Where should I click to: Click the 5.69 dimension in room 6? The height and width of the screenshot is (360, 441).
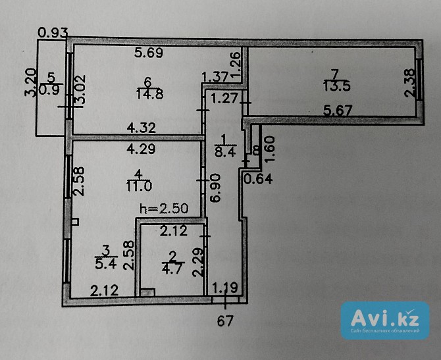[149, 53]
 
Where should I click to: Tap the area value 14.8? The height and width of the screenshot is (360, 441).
[149, 94]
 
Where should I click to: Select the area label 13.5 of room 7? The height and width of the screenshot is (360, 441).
[337, 86]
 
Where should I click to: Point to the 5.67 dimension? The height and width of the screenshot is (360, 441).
[338, 110]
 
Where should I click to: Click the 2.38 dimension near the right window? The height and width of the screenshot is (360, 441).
[409, 83]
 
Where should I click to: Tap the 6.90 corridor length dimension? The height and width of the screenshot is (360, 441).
[216, 188]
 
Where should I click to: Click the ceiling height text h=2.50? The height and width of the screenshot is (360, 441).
[164, 209]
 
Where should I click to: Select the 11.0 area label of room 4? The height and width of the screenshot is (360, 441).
[140, 186]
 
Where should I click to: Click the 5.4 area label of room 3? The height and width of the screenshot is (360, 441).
[106, 264]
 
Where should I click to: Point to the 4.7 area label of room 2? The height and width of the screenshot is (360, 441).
[172, 269]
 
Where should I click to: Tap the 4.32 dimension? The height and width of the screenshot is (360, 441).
[142, 128]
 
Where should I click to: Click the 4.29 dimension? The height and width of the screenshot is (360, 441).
[142, 149]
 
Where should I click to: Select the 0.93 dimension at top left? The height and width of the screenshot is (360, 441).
[53, 32]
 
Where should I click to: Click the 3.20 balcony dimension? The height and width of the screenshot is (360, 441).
[30, 82]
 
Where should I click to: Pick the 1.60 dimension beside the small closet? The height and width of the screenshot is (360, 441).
[269, 149]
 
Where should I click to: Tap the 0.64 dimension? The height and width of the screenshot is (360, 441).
[257, 179]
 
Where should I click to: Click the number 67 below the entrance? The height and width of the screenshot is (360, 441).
[225, 321]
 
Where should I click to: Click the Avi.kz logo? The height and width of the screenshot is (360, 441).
[385, 321]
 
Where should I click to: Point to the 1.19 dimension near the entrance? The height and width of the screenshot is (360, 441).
[225, 288]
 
